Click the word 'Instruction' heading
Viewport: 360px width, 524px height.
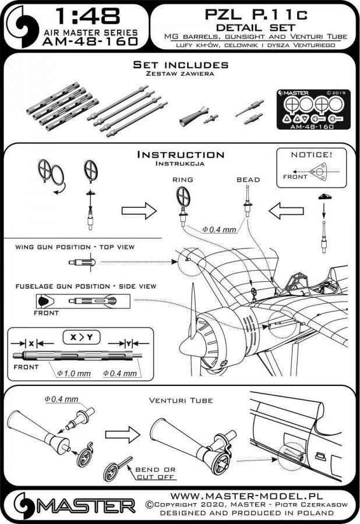[x=180, y=155]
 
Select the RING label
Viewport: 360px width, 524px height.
[x=182, y=180]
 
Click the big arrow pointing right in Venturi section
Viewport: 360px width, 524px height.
[x=122, y=434]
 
